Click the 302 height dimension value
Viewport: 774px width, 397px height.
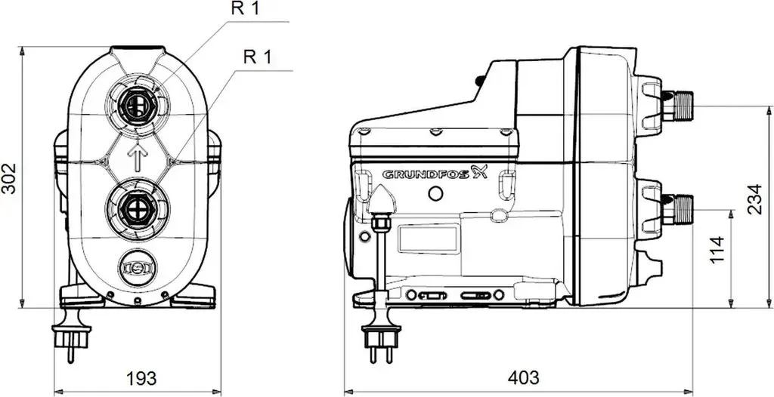pyautogui.click(x=9, y=179)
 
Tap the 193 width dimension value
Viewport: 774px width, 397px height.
pyautogui.click(x=141, y=378)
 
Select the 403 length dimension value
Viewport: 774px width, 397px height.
pyautogui.click(x=523, y=378)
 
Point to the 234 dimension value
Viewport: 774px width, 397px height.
pyautogui.click(x=754, y=199)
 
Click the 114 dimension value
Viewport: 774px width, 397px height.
pyautogui.click(x=717, y=250)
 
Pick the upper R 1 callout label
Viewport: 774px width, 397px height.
pyautogui.click(x=245, y=8)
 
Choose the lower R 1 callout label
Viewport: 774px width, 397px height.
pyautogui.click(x=258, y=57)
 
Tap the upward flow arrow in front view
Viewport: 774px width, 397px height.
pyautogui.click(x=138, y=157)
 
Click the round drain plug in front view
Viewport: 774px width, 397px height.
pyautogui.click(x=138, y=268)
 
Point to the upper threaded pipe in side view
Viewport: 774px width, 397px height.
pyautogui.click(x=677, y=106)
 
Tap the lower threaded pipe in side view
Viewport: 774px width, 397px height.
pyautogui.click(x=677, y=210)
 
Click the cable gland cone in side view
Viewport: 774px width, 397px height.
pyautogui.click(x=382, y=198)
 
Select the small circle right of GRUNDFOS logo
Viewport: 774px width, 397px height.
pyautogui.click(x=435, y=194)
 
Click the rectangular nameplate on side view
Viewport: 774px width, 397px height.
pyautogui.click(x=428, y=240)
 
